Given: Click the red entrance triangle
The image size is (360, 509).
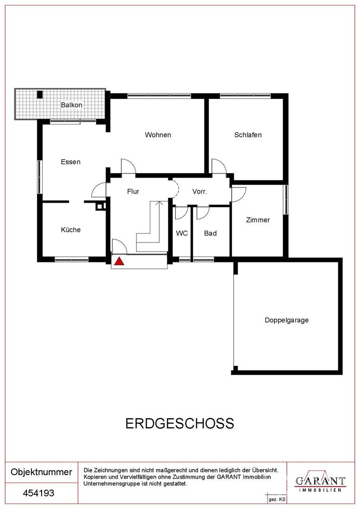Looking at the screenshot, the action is pyautogui.click(x=119, y=261).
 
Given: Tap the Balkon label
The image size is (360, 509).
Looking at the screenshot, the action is pyautogui.click(x=71, y=105).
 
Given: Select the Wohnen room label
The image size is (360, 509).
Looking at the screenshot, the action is pyautogui.click(x=158, y=135).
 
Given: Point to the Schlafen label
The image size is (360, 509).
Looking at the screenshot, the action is pyautogui.click(x=248, y=135).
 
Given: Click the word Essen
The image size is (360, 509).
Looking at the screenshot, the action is pyautogui.click(x=71, y=161).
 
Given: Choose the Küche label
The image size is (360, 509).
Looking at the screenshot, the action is pyautogui.click(x=71, y=230).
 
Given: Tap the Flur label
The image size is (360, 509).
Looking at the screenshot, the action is pyautogui.click(x=133, y=192).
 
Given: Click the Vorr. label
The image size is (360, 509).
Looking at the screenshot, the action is pyautogui.click(x=199, y=192).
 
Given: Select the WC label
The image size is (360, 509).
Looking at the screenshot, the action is pyautogui.click(x=182, y=233).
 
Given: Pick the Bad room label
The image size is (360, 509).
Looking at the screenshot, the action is pyautogui.click(x=211, y=233).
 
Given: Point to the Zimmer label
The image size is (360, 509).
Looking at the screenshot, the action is pyautogui.click(x=258, y=220).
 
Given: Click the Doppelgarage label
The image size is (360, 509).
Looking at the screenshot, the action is pyautogui.click(x=286, y=320).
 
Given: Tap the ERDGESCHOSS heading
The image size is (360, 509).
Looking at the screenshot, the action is pyautogui.click(x=180, y=423).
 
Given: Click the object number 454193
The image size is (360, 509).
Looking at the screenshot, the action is pyautogui.click(x=38, y=493).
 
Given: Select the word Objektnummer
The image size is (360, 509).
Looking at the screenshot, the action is pyautogui.click(x=42, y=472).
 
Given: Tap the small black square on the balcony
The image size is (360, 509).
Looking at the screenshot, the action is pyautogui.click(x=40, y=94).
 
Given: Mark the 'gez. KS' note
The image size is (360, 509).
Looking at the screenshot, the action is pyautogui.click(x=277, y=500).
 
